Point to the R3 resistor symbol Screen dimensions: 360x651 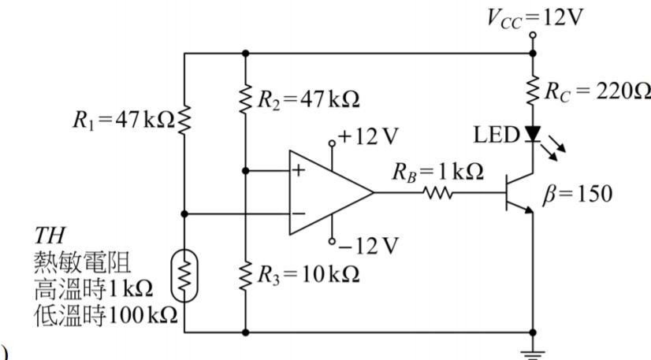tap(247, 273)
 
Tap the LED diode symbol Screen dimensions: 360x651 tap(534, 135)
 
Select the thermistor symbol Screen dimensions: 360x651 tap(184, 276)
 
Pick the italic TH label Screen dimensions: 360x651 tap(48, 236)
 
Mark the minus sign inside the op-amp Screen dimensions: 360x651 tap(299, 213)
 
